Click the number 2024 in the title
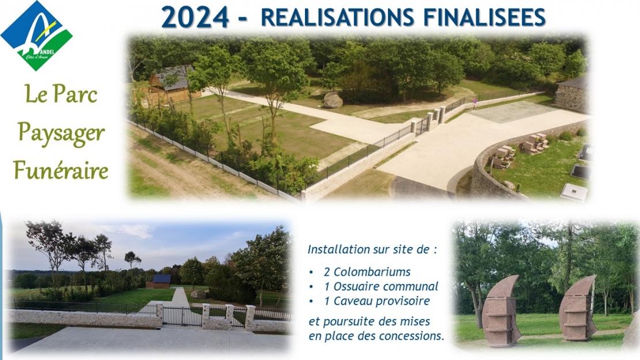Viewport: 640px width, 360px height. coord(195,17)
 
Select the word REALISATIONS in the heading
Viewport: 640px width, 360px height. coord(337,17)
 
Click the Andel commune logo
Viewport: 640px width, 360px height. coord(36,36)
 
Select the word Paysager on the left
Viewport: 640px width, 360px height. coord(61,134)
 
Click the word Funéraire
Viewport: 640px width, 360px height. coord(61,170)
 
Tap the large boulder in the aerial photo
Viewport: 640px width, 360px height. coord(333,100)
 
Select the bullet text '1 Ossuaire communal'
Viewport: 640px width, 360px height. coord(381,287)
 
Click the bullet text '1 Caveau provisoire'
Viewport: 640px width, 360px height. coord(377,301)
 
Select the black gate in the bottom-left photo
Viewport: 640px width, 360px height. coord(182,317)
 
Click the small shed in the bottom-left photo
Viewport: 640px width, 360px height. coord(159,281)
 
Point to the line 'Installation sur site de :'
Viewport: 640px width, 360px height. coord(372,249)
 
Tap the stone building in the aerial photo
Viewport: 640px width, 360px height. coord(571,95)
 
